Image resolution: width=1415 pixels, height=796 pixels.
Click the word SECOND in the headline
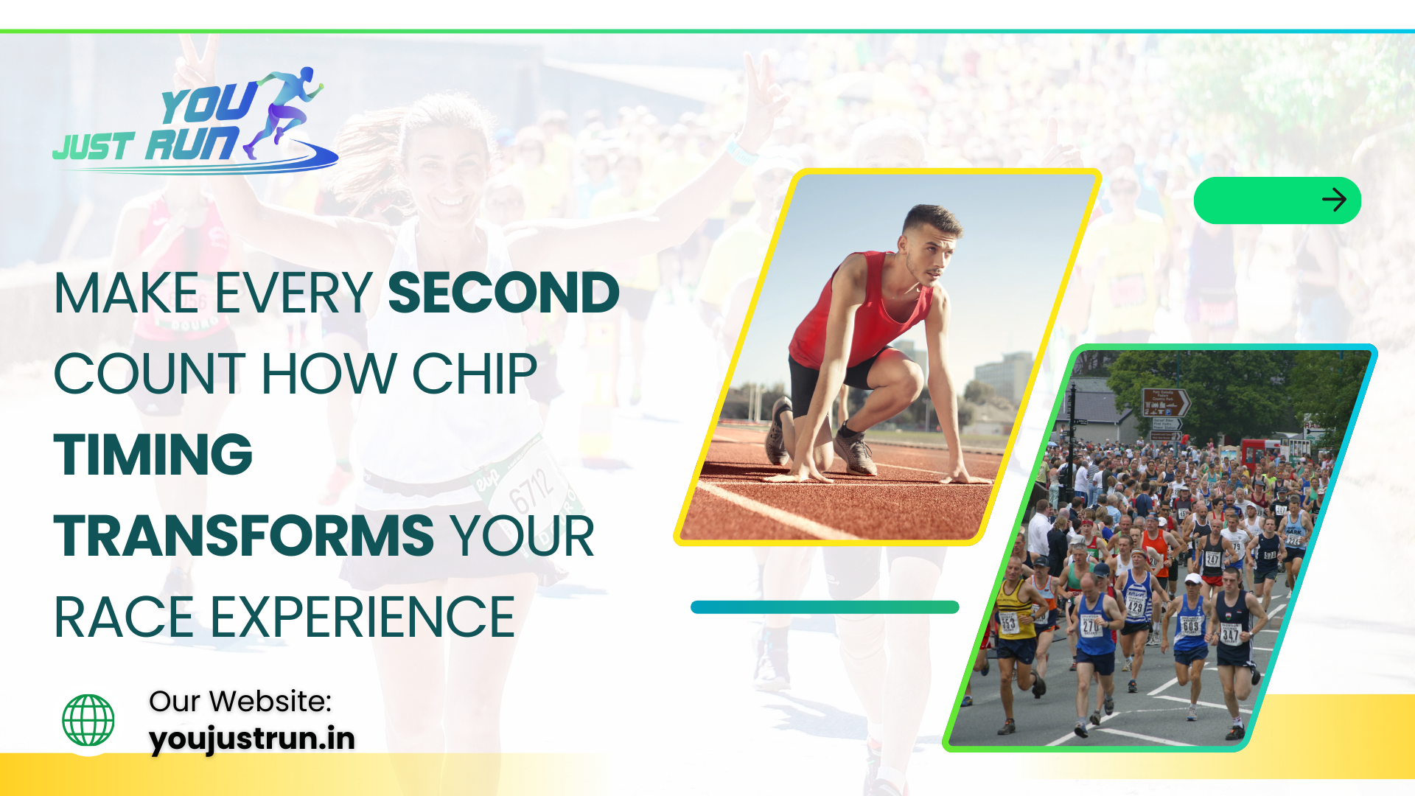[503, 293]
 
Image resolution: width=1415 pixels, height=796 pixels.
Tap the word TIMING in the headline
[153, 454]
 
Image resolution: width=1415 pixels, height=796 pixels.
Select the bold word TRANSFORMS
[244, 535]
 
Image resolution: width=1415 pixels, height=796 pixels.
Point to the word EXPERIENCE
[363, 617]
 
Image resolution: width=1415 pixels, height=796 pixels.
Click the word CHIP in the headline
[474, 374]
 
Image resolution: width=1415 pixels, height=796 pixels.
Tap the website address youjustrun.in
[252, 739]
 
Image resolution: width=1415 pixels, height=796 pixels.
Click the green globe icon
[88, 720]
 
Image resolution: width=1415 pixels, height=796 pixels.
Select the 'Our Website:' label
[240, 701]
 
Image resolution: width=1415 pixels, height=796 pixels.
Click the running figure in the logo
[284, 111]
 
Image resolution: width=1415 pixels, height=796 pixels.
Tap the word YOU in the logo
[209, 103]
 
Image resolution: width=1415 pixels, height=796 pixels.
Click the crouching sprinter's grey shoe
[856, 450]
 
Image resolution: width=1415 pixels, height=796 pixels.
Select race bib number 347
[1230, 634]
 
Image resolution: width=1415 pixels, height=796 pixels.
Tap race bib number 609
[1191, 626]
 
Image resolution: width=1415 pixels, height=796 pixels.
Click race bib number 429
[1135, 607]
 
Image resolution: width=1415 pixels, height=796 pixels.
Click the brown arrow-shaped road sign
[1166, 402]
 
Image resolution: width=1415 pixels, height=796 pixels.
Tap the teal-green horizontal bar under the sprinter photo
[825, 607]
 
